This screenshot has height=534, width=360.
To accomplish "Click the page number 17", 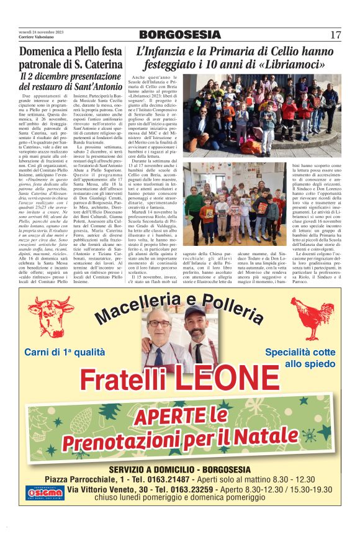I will [335, 35].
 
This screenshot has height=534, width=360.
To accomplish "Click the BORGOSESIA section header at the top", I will [179, 35].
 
